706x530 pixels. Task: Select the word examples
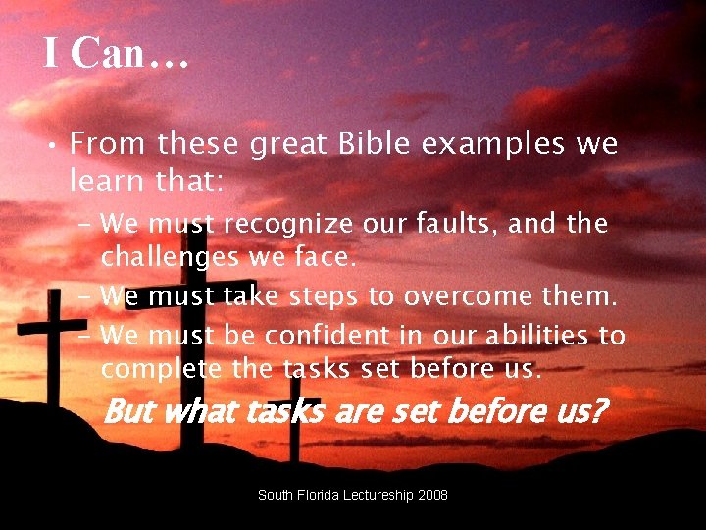492,145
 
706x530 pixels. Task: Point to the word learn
106,181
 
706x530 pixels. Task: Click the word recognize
287,225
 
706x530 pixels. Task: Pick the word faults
466,225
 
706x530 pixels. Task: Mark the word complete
162,369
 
